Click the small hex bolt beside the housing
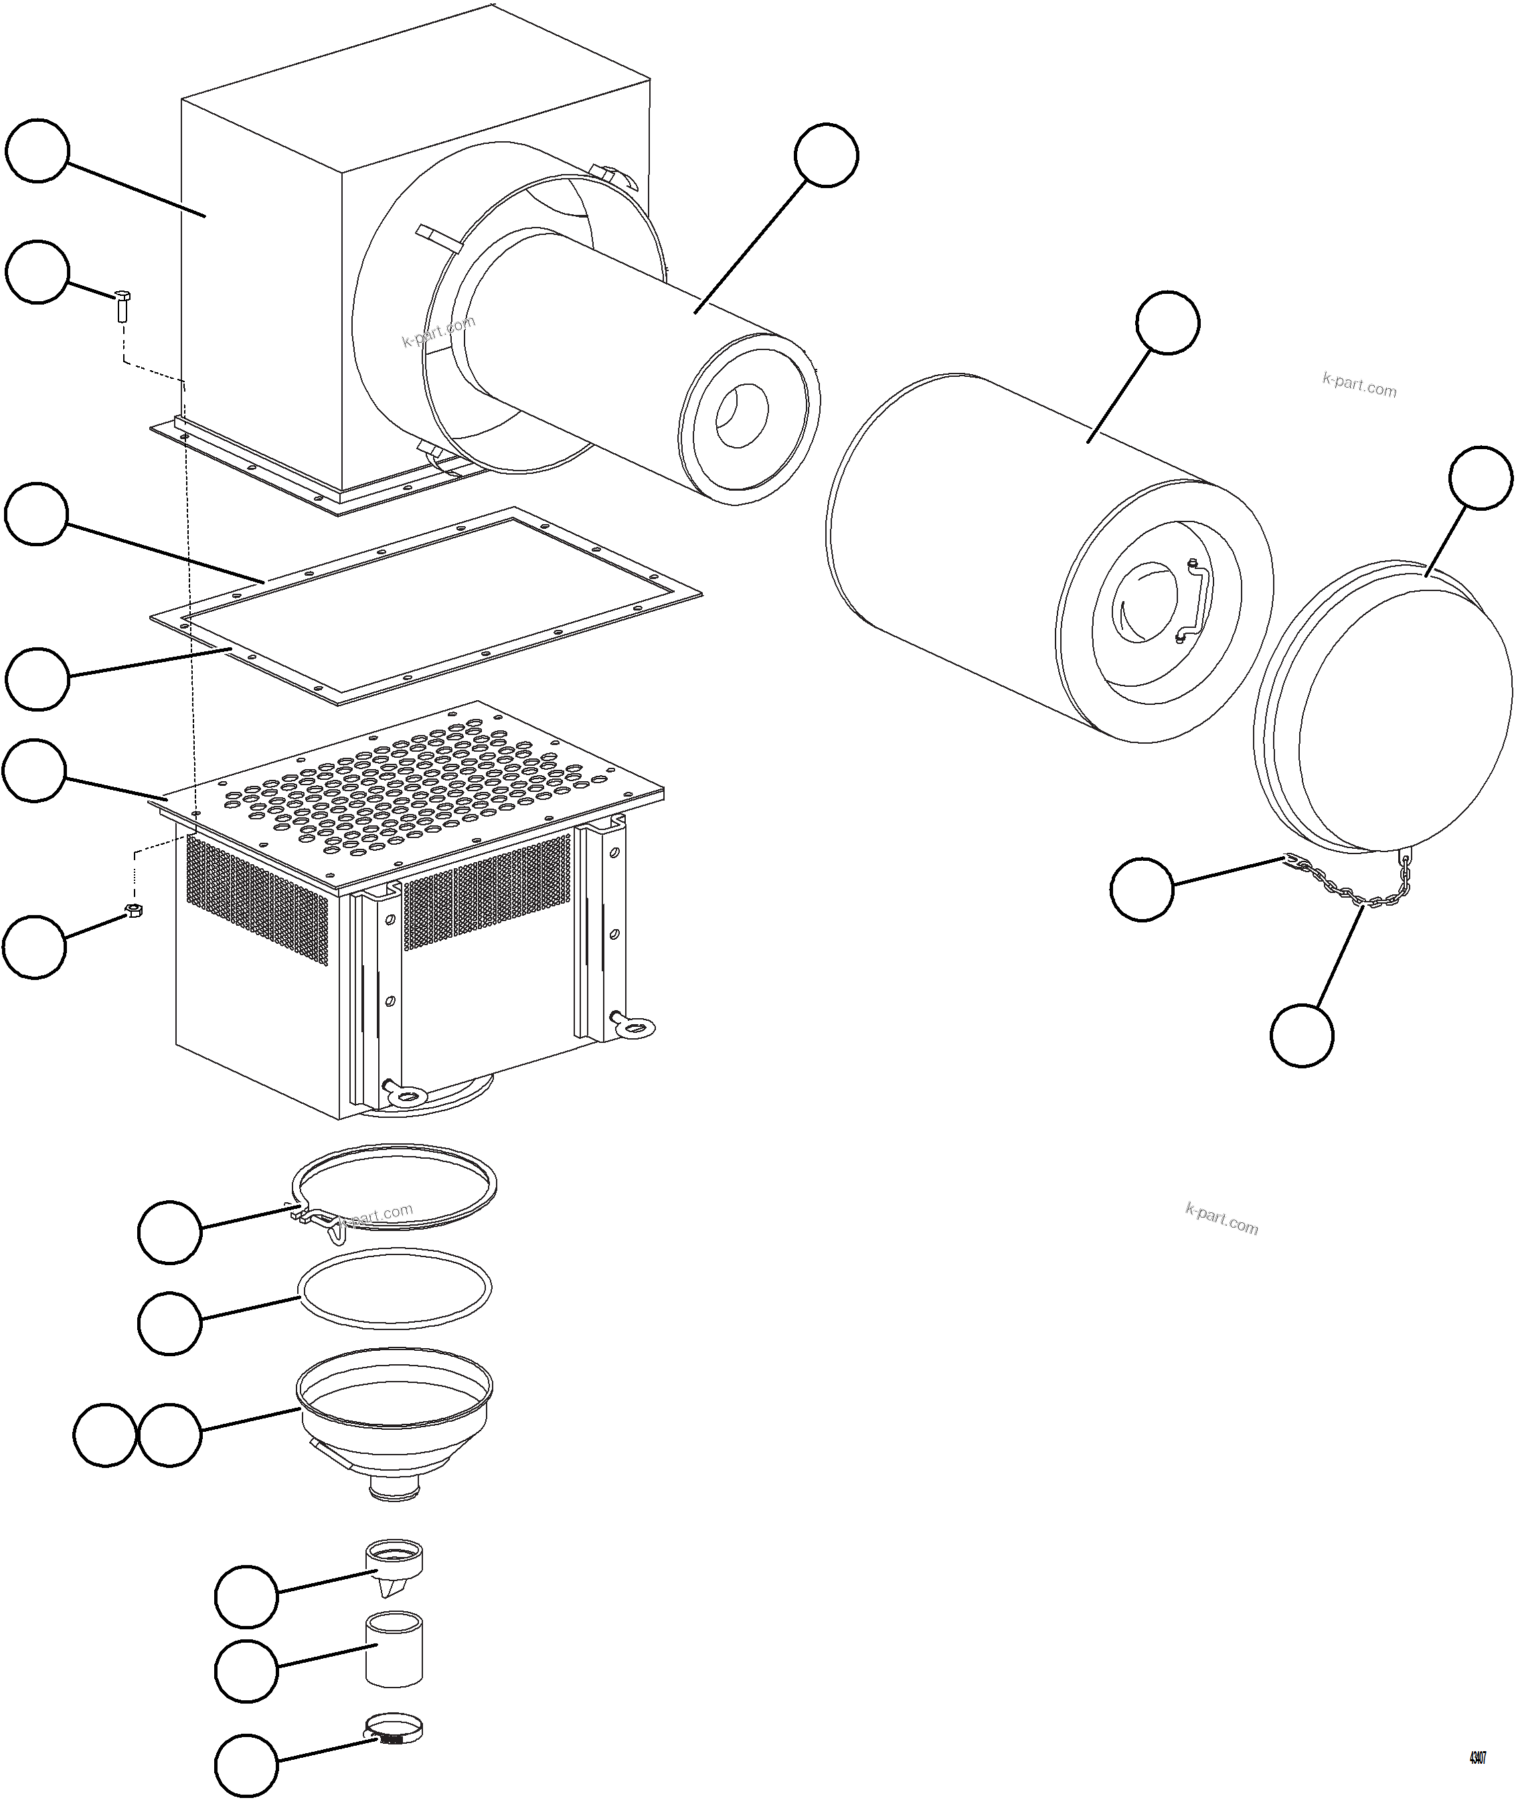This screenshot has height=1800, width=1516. click(x=121, y=305)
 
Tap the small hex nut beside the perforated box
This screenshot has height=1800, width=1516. click(x=133, y=910)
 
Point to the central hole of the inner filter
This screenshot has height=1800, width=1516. click(x=741, y=416)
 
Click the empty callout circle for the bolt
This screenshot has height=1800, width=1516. click(x=37, y=272)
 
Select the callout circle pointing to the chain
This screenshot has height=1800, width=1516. click(x=1302, y=1035)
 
